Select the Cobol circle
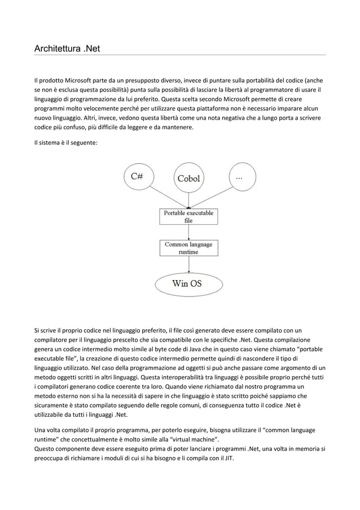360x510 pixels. coord(188,178)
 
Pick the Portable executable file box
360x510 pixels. coord(188,217)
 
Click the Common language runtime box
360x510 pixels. coord(188,248)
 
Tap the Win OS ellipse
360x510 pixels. coord(187,284)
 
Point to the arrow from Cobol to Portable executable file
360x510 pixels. coord(188,201)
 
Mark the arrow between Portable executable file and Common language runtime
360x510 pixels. coord(188,232)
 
